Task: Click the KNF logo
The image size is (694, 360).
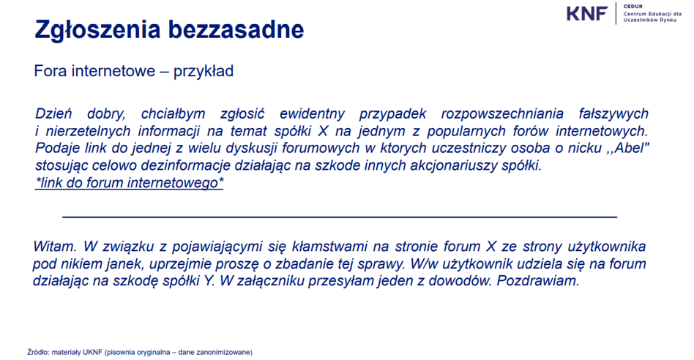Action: pos(587,13)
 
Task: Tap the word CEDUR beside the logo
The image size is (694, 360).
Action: pos(633,7)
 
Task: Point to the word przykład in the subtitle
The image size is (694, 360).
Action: pos(204,71)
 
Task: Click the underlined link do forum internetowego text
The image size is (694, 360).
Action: pos(130,183)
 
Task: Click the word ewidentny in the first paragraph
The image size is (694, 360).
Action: pos(312,113)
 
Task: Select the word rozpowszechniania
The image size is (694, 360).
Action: pos(502,113)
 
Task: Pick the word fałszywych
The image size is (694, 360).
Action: pos(613,113)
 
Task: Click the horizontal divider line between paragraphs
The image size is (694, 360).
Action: pos(340,217)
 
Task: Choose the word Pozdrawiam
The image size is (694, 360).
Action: pos(538,281)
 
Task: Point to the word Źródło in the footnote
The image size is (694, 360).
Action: pos(38,352)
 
